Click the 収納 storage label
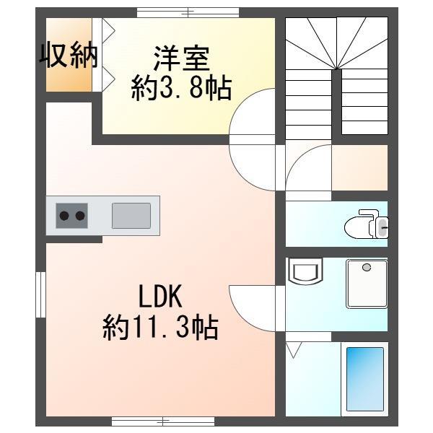tap(69, 56)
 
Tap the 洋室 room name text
tap(181, 56)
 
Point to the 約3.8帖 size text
tap(181, 88)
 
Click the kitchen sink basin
tap(131, 215)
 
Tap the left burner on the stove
tap(64, 215)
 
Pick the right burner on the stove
tap(80, 215)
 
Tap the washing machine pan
tap(367, 283)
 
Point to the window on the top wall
tap(188, 12)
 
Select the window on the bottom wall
tap(163, 421)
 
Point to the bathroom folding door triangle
tap(294, 351)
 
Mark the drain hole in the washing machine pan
tap(367, 267)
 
